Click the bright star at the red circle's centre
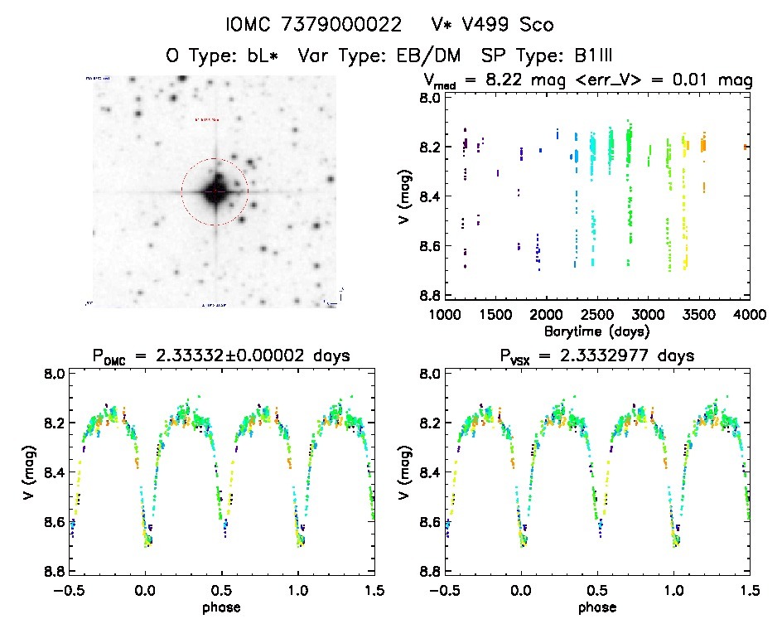click(x=215, y=191)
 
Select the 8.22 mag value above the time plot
click(x=526, y=80)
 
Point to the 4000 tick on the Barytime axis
click(x=749, y=314)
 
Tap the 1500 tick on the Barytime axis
click(x=495, y=314)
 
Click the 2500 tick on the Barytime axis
click(x=596, y=314)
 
